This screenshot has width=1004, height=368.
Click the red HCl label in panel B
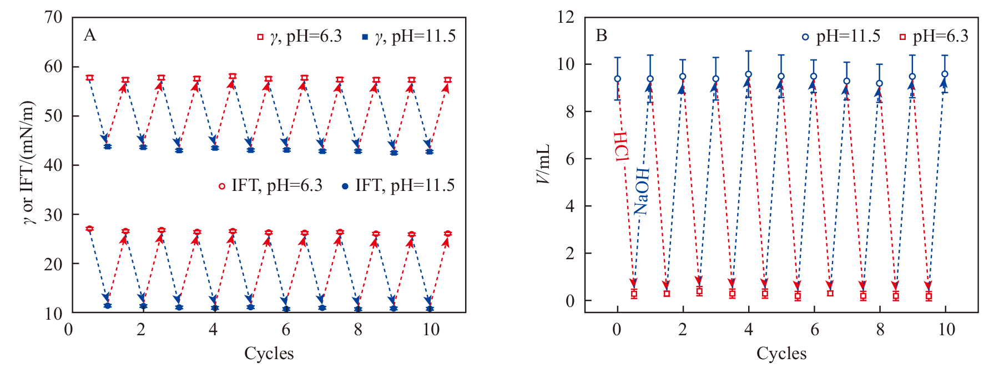(x=622, y=147)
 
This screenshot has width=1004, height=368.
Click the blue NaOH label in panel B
(x=642, y=190)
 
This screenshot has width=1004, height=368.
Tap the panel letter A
(x=89, y=36)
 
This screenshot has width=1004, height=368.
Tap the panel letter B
(x=601, y=36)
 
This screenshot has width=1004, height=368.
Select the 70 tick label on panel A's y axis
(x=53, y=17)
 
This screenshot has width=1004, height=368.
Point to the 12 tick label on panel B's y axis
(x=566, y=17)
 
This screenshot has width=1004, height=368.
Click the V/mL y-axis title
(x=544, y=164)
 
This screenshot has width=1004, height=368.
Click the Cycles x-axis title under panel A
(x=269, y=353)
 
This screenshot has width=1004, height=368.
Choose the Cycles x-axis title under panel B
(x=781, y=353)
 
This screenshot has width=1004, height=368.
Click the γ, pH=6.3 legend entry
(x=299, y=37)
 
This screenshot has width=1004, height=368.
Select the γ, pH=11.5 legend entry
(x=408, y=37)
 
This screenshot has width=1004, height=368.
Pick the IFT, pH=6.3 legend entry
(x=270, y=185)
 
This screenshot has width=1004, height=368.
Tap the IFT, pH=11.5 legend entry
(x=398, y=185)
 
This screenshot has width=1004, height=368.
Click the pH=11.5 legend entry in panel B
(x=841, y=37)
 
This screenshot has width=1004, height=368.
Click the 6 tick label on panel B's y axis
(x=569, y=159)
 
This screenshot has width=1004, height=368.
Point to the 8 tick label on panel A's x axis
(x=358, y=329)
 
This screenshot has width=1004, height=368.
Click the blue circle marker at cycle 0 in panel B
(x=617, y=79)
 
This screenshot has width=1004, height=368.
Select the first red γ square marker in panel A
(x=89, y=78)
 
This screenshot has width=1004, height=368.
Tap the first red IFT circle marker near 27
(x=89, y=229)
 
